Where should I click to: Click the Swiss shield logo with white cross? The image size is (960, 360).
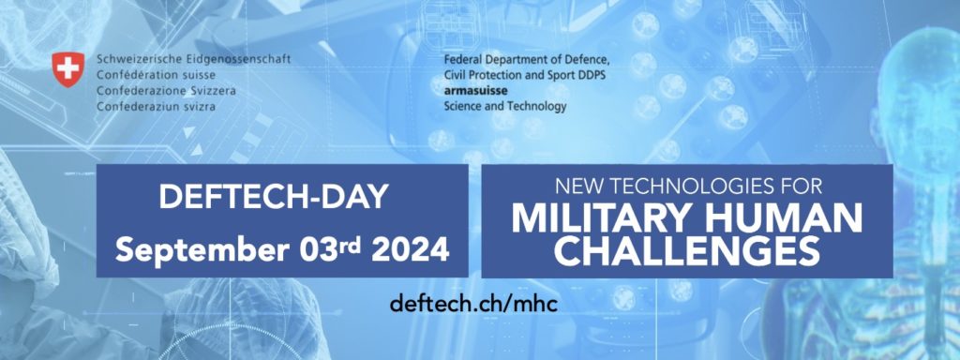pos(67,69)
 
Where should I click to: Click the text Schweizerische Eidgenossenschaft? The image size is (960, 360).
pos(193,59)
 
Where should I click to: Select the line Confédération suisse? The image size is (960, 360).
pos(156,75)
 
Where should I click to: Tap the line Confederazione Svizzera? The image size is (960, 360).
pos(166,90)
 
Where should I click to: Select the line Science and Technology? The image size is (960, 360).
pos(505,107)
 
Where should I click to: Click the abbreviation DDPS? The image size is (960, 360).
pos(595,76)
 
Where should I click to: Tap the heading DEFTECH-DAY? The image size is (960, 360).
pos(274,197)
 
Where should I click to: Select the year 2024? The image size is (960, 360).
pos(411,250)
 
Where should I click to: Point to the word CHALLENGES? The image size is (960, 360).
pos(686,251)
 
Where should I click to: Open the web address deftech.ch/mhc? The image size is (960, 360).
pos(473,303)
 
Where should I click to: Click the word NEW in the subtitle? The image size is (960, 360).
pos(574,185)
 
